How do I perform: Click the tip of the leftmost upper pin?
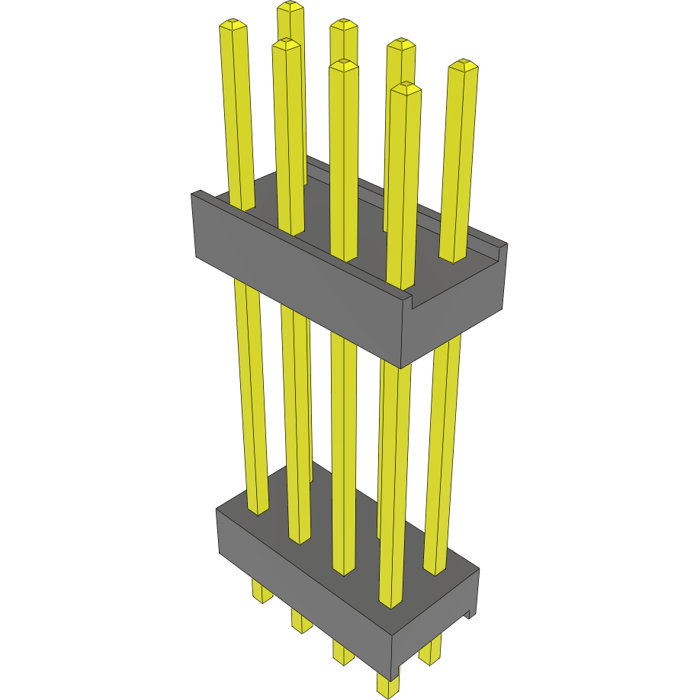(233, 24)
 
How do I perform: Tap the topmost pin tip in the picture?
(291, 7)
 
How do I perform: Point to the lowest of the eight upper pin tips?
(405, 87)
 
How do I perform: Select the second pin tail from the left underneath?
(302, 621)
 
